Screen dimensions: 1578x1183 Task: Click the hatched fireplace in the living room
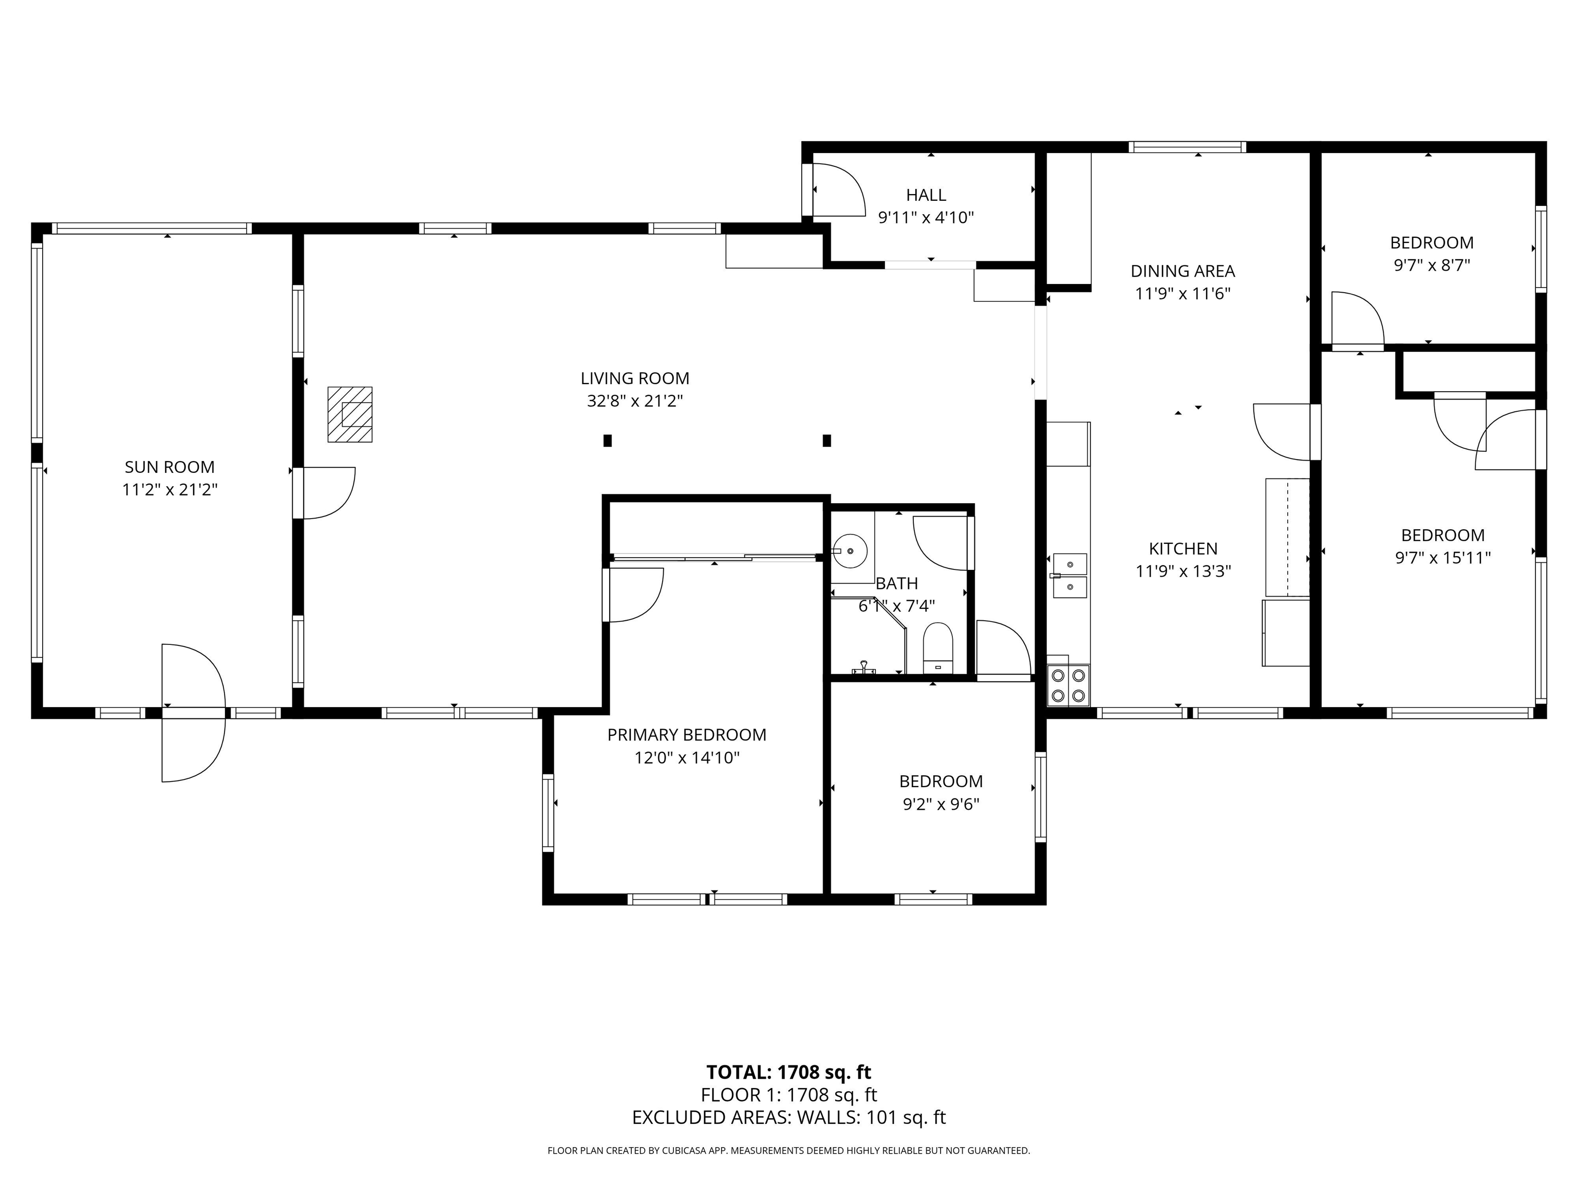pyautogui.click(x=350, y=414)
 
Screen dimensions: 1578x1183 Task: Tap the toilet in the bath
pyautogui.click(x=938, y=647)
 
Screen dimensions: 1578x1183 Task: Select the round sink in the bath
pyautogui.click(x=850, y=551)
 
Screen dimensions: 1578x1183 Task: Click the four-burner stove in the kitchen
pyautogui.click(x=1068, y=685)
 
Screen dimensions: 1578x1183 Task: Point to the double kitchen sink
pyautogui.click(x=1069, y=576)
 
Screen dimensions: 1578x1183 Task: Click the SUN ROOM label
pyautogui.click(x=170, y=467)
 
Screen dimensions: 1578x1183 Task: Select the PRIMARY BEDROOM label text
pyautogui.click(x=687, y=734)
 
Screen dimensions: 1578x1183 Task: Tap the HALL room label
pyautogui.click(x=926, y=195)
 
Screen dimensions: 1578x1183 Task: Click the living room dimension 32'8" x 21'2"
pyautogui.click(x=635, y=400)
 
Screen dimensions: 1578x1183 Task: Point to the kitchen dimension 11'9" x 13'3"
pyautogui.click(x=1183, y=571)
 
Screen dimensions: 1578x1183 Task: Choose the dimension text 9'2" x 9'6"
pyautogui.click(x=941, y=805)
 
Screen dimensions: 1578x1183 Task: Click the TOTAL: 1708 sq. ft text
pyautogui.click(x=789, y=1072)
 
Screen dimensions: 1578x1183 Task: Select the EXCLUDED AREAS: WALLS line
pyautogui.click(x=789, y=1117)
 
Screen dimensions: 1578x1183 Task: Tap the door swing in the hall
pyautogui.click(x=839, y=189)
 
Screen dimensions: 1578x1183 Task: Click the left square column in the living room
pyautogui.click(x=608, y=441)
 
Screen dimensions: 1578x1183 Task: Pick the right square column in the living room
pyautogui.click(x=827, y=441)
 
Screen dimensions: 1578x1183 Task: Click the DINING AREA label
pyautogui.click(x=1183, y=271)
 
